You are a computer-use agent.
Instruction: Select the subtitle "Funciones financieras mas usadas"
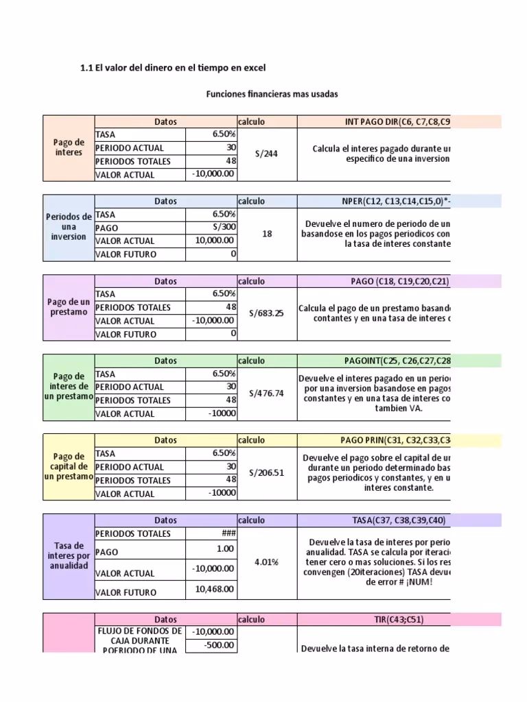[x=272, y=94]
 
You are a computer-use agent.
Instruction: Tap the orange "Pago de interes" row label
[x=68, y=147]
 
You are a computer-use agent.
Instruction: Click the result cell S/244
[x=267, y=154]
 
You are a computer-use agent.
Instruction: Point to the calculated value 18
[x=267, y=234]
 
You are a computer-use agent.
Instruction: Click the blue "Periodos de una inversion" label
[x=68, y=227]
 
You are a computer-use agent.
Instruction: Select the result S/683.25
[x=267, y=313]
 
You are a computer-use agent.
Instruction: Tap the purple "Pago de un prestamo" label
[x=68, y=307]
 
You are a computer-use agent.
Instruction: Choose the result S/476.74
[x=267, y=393]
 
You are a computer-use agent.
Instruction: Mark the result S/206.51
[x=267, y=472]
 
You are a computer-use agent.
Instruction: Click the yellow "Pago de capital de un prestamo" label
[x=68, y=466]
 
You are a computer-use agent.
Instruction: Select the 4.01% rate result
[x=267, y=561]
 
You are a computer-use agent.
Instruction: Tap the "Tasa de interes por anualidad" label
[x=68, y=555]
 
